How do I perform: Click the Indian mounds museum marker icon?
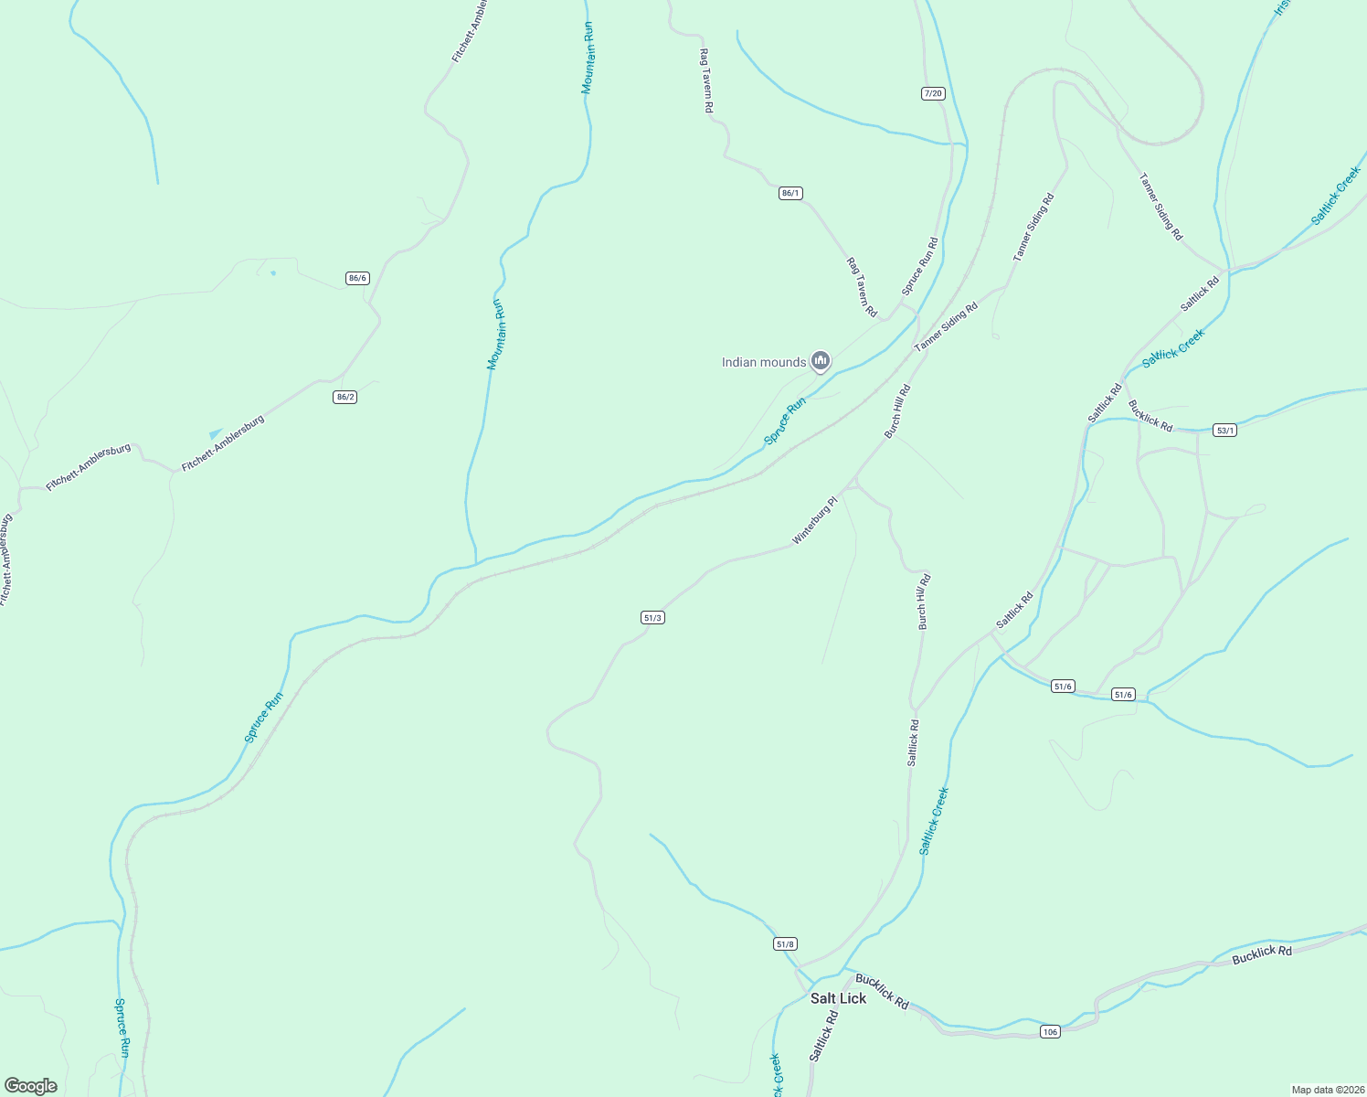coord(821,362)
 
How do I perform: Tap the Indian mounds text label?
coord(764,363)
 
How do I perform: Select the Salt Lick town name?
coord(838,998)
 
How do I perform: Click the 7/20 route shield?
coord(932,93)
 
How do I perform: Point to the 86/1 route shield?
coord(790,193)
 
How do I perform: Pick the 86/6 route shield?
coord(357,278)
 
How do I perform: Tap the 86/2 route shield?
coord(344,397)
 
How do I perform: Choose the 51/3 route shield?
coord(652,618)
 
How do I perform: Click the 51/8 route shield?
coord(785,943)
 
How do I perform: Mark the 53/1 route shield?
coord(1224,430)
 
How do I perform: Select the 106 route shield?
coord(1049,1031)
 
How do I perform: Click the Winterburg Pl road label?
coord(814,521)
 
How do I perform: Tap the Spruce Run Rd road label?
coord(920,267)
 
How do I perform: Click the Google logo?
coord(31,1086)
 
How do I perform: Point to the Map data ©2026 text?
coord(1327,1090)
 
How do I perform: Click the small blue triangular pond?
coord(216,433)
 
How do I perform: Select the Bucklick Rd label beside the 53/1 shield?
coord(1150,415)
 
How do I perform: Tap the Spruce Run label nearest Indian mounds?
coord(785,421)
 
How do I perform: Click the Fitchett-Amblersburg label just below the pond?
coord(223,443)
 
